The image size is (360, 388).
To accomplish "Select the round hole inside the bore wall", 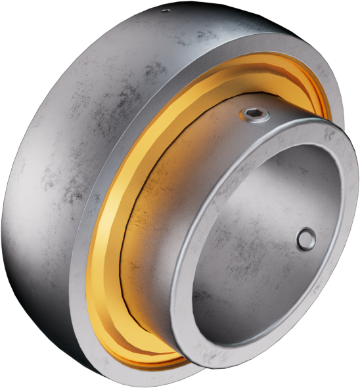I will (305, 239).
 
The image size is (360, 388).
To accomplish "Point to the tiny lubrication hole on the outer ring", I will (165, 10).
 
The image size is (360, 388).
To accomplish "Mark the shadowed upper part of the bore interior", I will (263, 171).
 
